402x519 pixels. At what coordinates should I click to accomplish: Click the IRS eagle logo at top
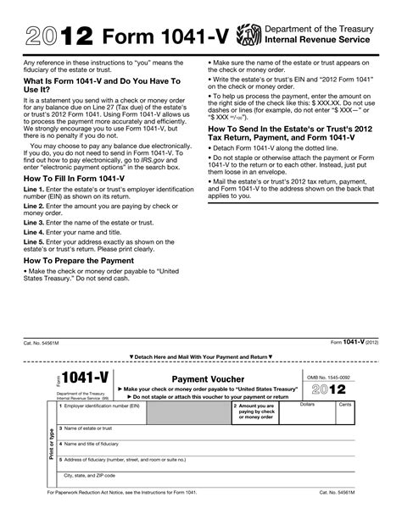(x=248, y=35)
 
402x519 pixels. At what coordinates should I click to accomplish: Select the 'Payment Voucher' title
(x=208, y=379)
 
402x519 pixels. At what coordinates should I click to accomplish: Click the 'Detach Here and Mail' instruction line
(x=201, y=357)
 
